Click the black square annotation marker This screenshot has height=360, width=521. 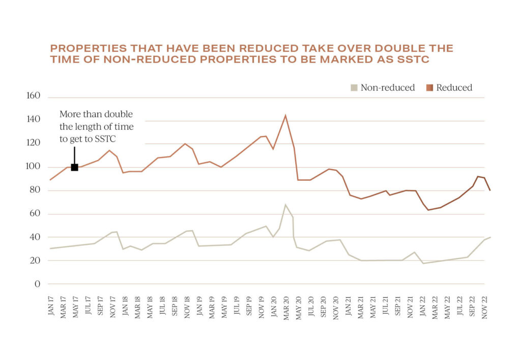(74, 167)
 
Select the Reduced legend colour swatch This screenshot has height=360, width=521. (429, 88)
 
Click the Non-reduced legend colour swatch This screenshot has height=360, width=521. (354, 88)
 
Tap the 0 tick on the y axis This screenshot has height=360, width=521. (37, 284)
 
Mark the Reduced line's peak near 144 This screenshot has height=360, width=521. (285, 115)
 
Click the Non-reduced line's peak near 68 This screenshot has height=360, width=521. (285, 205)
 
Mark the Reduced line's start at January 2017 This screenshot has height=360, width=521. (50, 179)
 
